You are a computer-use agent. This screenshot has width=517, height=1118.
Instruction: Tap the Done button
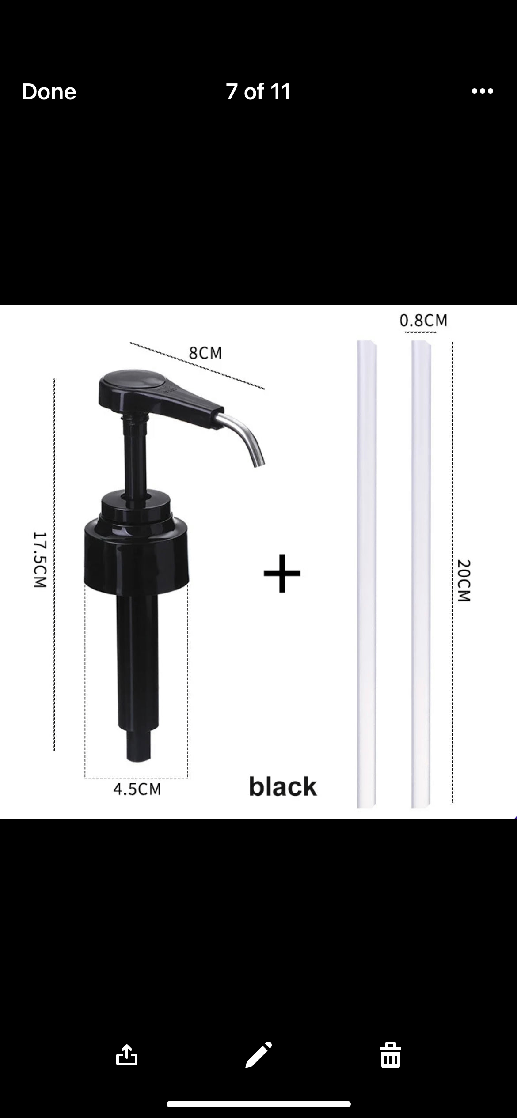tap(49, 92)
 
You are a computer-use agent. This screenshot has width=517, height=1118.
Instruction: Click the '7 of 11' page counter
tap(258, 92)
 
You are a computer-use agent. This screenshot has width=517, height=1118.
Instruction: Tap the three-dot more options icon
tap(482, 91)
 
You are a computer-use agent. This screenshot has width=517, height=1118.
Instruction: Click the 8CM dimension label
tap(205, 353)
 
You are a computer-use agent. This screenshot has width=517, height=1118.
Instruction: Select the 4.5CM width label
tap(137, 789)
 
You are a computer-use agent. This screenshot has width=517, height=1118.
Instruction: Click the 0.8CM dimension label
tap(423, 321)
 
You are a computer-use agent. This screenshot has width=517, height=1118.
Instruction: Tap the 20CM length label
tap(464, 580)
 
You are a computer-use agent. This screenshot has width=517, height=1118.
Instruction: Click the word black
tap(283, 787)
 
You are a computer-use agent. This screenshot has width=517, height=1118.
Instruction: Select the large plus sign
tap(282, 573)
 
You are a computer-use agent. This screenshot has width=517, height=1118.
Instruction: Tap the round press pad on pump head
tap(133, 381)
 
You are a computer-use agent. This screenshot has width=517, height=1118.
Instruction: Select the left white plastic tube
tap(366, 574)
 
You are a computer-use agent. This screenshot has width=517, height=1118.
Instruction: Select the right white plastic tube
tap(421, 574)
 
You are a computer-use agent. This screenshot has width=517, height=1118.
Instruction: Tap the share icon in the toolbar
tap(127, 1055)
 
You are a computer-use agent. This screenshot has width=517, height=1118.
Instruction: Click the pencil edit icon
tap(258, 1054)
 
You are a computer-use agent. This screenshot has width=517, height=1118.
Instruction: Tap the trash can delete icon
tap(390, 1055)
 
